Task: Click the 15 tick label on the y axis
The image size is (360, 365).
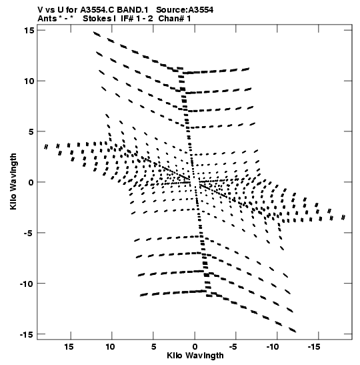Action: tap(29, 31)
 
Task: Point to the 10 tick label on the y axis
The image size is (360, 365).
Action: tap(29, 81)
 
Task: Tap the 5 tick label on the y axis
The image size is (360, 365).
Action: tap(31, 131)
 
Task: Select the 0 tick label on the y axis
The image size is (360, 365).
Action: tap(31, 182)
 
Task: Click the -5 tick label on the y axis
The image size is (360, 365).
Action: tap(29, 233)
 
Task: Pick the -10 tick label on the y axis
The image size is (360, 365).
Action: tap(27, 284)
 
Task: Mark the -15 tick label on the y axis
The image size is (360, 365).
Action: tap(27, 334)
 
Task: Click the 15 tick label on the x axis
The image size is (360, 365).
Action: tap(69, 347)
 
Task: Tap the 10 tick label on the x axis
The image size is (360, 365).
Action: tap(110, 347)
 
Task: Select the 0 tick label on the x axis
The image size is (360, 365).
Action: tap(195, 347)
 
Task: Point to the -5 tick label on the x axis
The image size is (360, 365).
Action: tap(233, 347)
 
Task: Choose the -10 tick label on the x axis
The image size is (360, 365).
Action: tap(273, 347)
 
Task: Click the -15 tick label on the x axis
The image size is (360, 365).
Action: tap(314, 347)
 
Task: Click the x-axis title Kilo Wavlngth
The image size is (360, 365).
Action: tap(195, 356)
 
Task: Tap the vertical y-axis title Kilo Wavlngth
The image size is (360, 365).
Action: tap(13, 181)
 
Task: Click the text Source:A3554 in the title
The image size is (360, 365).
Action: tap(185, 10)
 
